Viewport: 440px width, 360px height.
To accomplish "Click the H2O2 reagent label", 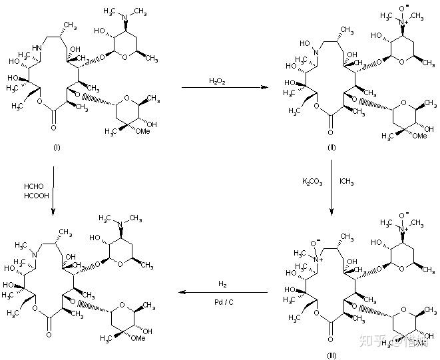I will [x=217, y=81].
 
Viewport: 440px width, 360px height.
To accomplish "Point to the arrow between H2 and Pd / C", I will [x=220, y=293].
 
